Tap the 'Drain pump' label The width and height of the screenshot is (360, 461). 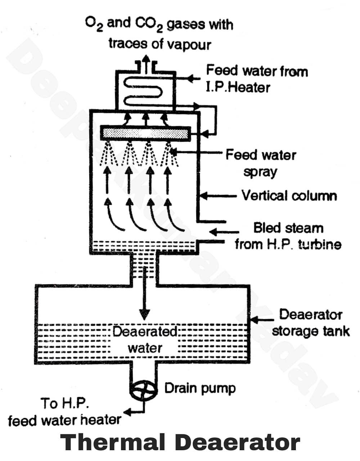(x=200, y=388)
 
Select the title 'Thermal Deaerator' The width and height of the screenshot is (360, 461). (x=180, y=442)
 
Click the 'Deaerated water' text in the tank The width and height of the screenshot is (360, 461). (x=145, y=339)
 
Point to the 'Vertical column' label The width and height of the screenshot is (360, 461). (x=289, y=196)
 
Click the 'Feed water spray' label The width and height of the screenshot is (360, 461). (x=261, y=163)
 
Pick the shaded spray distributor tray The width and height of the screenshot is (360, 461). (x=145, y=134)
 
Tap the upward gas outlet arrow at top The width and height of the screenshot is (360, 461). (x=146, y=63)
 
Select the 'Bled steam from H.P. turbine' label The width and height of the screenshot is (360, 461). (x=288, y=236)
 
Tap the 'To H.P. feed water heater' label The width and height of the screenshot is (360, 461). (x=64, y=412)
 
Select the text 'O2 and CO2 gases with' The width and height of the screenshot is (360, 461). (x=159, y=24)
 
